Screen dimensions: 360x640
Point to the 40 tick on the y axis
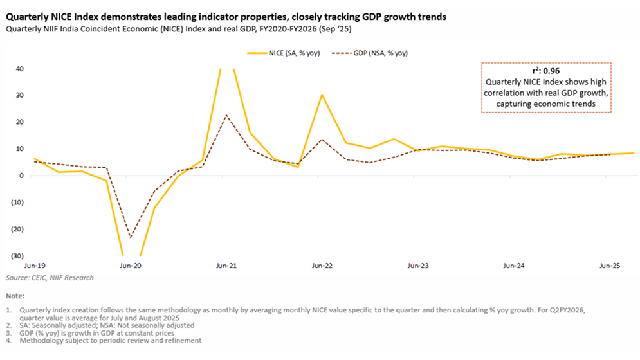coord(20,69)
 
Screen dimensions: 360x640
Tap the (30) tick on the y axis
coord(17,255)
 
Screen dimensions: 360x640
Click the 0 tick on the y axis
coord(22,175)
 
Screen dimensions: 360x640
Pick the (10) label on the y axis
coord(17,202)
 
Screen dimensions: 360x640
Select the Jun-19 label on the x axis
coord(34,265)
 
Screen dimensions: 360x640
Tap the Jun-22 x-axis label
coord(322,265)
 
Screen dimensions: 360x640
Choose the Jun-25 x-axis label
coord(610,265)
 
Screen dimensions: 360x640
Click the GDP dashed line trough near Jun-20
coord(131,237)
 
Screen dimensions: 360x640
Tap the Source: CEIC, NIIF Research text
coord(50,278)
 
